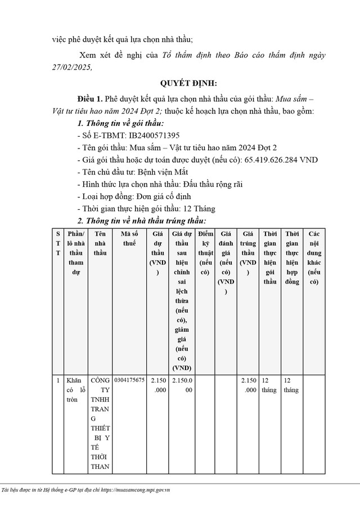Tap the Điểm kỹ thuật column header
206,253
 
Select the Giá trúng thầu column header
248,253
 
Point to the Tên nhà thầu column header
100,243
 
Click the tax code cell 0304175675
129,380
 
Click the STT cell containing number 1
58,381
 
